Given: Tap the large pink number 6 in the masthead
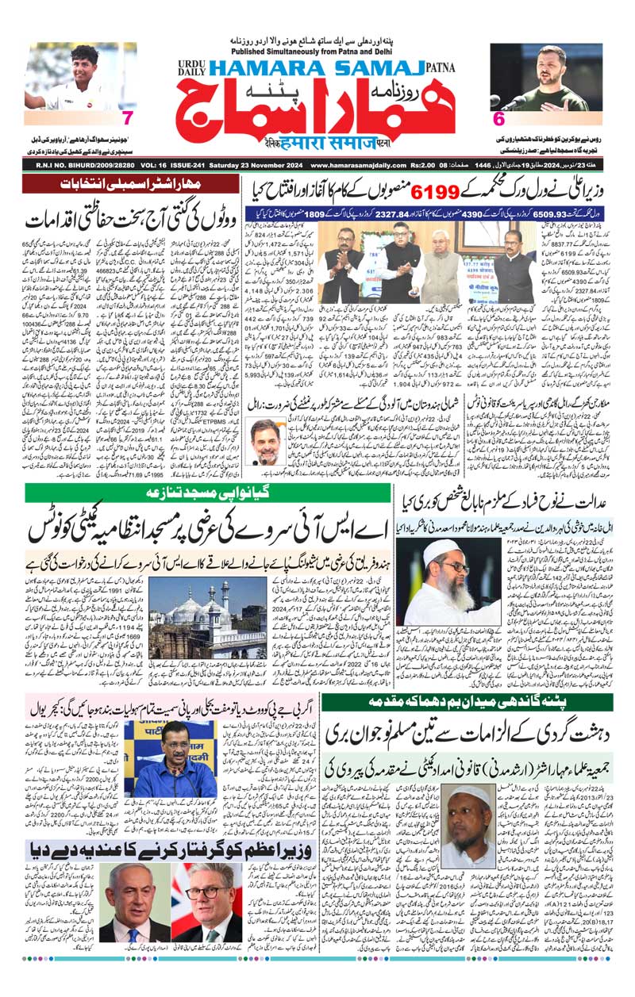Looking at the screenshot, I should click(x=499, y=119).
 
